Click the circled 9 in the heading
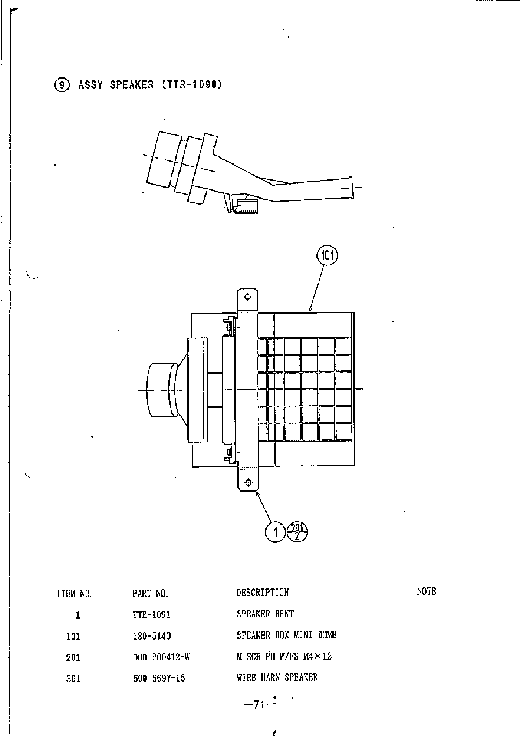(x=62, y=85)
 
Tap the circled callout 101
(x=328, y=255)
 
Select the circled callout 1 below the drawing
(x=276, y=533)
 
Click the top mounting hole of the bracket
(x=248, y=297)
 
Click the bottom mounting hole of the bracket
(x=248, y=483)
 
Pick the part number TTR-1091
(x=151, y=614)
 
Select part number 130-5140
(x=152, y=635)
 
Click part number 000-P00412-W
(x=161, y=657)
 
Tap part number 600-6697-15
(x=159, y=678)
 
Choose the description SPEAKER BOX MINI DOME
(x=287, y=635)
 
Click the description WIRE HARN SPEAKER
(x=277, y=677)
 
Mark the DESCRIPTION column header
(x=263, y=592)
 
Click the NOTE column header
(x=426, y=591)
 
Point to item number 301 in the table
(x=73, y=678)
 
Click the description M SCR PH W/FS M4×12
(x=284, y=657)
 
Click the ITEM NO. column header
(x=74, y=594)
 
